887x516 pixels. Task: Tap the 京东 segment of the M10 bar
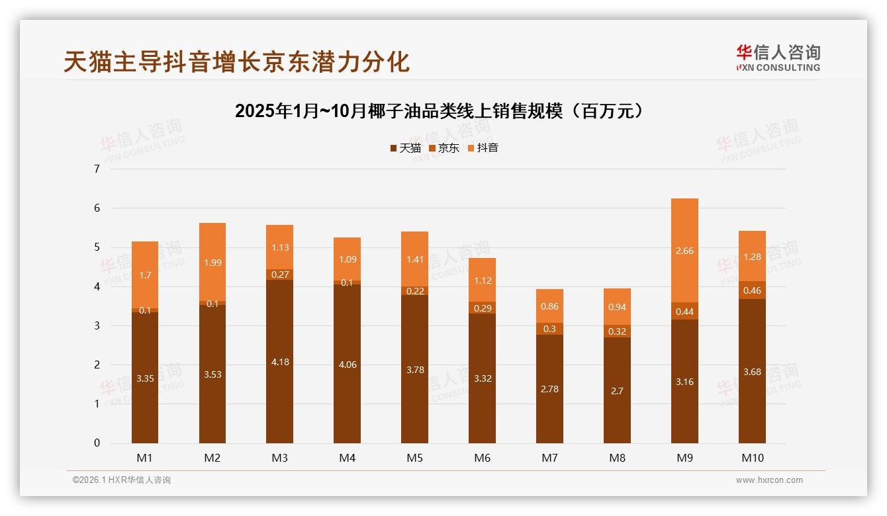[x=752, y=290]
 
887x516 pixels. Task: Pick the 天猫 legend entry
[x=405, y=148]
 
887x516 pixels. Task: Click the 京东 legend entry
[x=444, y=148]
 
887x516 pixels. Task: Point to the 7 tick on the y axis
[x=97, y=169]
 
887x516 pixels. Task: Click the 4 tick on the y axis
[x=97, y=286]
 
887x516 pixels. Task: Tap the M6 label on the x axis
[x=482, y=458]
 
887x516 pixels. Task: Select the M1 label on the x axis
[x=145, y=458]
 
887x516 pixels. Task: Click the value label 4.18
[x=280, y=362]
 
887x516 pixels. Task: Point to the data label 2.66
[x=684, y=251]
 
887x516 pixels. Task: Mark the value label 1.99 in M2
[x=212, y=263]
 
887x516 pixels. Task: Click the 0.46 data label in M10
[x=752, y=290]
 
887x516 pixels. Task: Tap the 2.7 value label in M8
[x=617, y=391]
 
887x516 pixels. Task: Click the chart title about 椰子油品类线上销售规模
[x=439, y=111]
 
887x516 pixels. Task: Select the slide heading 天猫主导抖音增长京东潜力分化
[x=236, y=62]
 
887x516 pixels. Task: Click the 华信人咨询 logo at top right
[x=778, y=58]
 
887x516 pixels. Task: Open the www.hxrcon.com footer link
[x=769, y=480]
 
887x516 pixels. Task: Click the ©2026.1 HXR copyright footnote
[x=121, y=480]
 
